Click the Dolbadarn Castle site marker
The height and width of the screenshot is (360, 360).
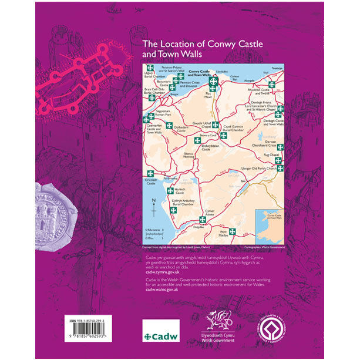[x=169, y=126]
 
